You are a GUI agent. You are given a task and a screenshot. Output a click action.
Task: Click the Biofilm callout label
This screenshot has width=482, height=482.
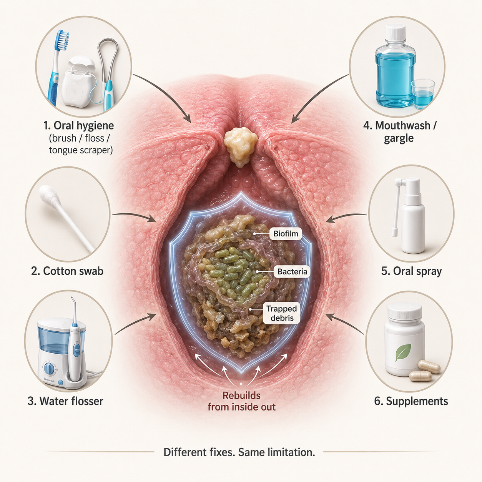point(286,234)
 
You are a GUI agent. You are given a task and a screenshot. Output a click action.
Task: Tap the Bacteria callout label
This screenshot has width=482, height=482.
point(292,272)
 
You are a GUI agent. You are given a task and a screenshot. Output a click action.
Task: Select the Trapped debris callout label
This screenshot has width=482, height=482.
point(281,313)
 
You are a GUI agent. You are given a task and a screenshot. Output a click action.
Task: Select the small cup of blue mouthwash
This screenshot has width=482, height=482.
point(423,94)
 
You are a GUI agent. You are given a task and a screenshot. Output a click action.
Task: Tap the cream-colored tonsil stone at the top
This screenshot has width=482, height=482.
point(240,146)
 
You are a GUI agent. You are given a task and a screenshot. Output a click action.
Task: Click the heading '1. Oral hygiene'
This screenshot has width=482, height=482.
point(79,125)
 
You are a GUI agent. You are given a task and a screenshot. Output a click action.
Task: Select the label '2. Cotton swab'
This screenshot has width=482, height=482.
point(67,271)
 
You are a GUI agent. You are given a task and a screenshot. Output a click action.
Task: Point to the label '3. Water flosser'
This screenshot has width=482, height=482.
point(65,401)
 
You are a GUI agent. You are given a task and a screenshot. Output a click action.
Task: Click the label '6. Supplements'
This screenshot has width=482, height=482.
point(411,401)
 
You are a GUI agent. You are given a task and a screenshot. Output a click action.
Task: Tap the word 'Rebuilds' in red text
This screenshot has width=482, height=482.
point(241,396)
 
